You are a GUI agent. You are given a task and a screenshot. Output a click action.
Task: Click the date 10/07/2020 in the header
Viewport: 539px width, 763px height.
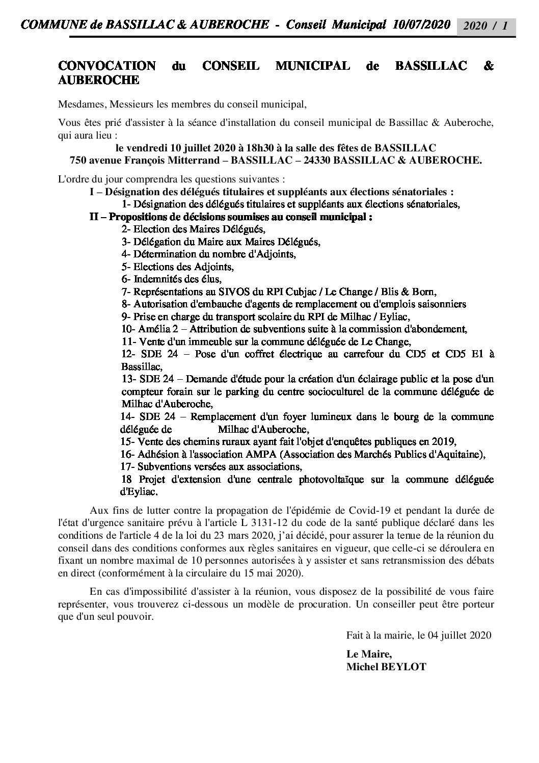click(x=423, y=24)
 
